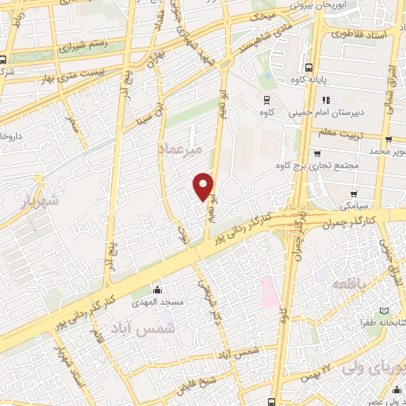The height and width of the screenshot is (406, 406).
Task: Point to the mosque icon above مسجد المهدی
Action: click(157, 289)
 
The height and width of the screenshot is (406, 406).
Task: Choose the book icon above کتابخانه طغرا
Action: click(385, 310)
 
